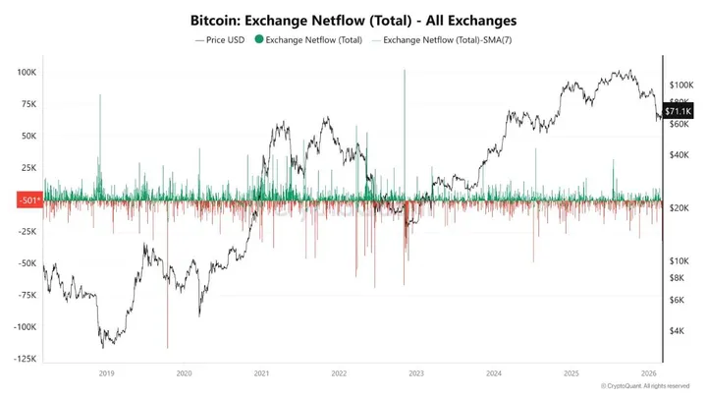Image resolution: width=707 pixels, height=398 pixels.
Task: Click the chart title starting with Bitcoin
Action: pos(353,20)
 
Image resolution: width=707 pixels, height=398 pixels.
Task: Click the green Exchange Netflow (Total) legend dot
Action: pos(259,39)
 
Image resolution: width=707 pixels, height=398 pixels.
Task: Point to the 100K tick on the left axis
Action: pos(27,73)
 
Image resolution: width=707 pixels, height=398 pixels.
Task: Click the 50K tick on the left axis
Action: pos(28,136)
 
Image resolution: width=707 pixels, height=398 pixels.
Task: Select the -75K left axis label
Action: pos(27,295)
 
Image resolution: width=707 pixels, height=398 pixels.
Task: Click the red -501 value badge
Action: pos(28,200)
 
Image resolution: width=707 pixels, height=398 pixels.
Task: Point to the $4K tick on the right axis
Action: pos(678,331)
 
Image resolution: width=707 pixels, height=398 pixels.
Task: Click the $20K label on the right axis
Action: pos(680,208)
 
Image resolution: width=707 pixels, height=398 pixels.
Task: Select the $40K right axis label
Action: pos(680,154)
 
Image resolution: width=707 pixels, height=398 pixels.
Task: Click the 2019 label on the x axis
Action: pos(107,373)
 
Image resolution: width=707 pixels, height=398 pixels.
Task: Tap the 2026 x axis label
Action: pos(647,373)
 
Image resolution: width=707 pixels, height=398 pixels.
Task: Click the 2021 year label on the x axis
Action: pos(261,373)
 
